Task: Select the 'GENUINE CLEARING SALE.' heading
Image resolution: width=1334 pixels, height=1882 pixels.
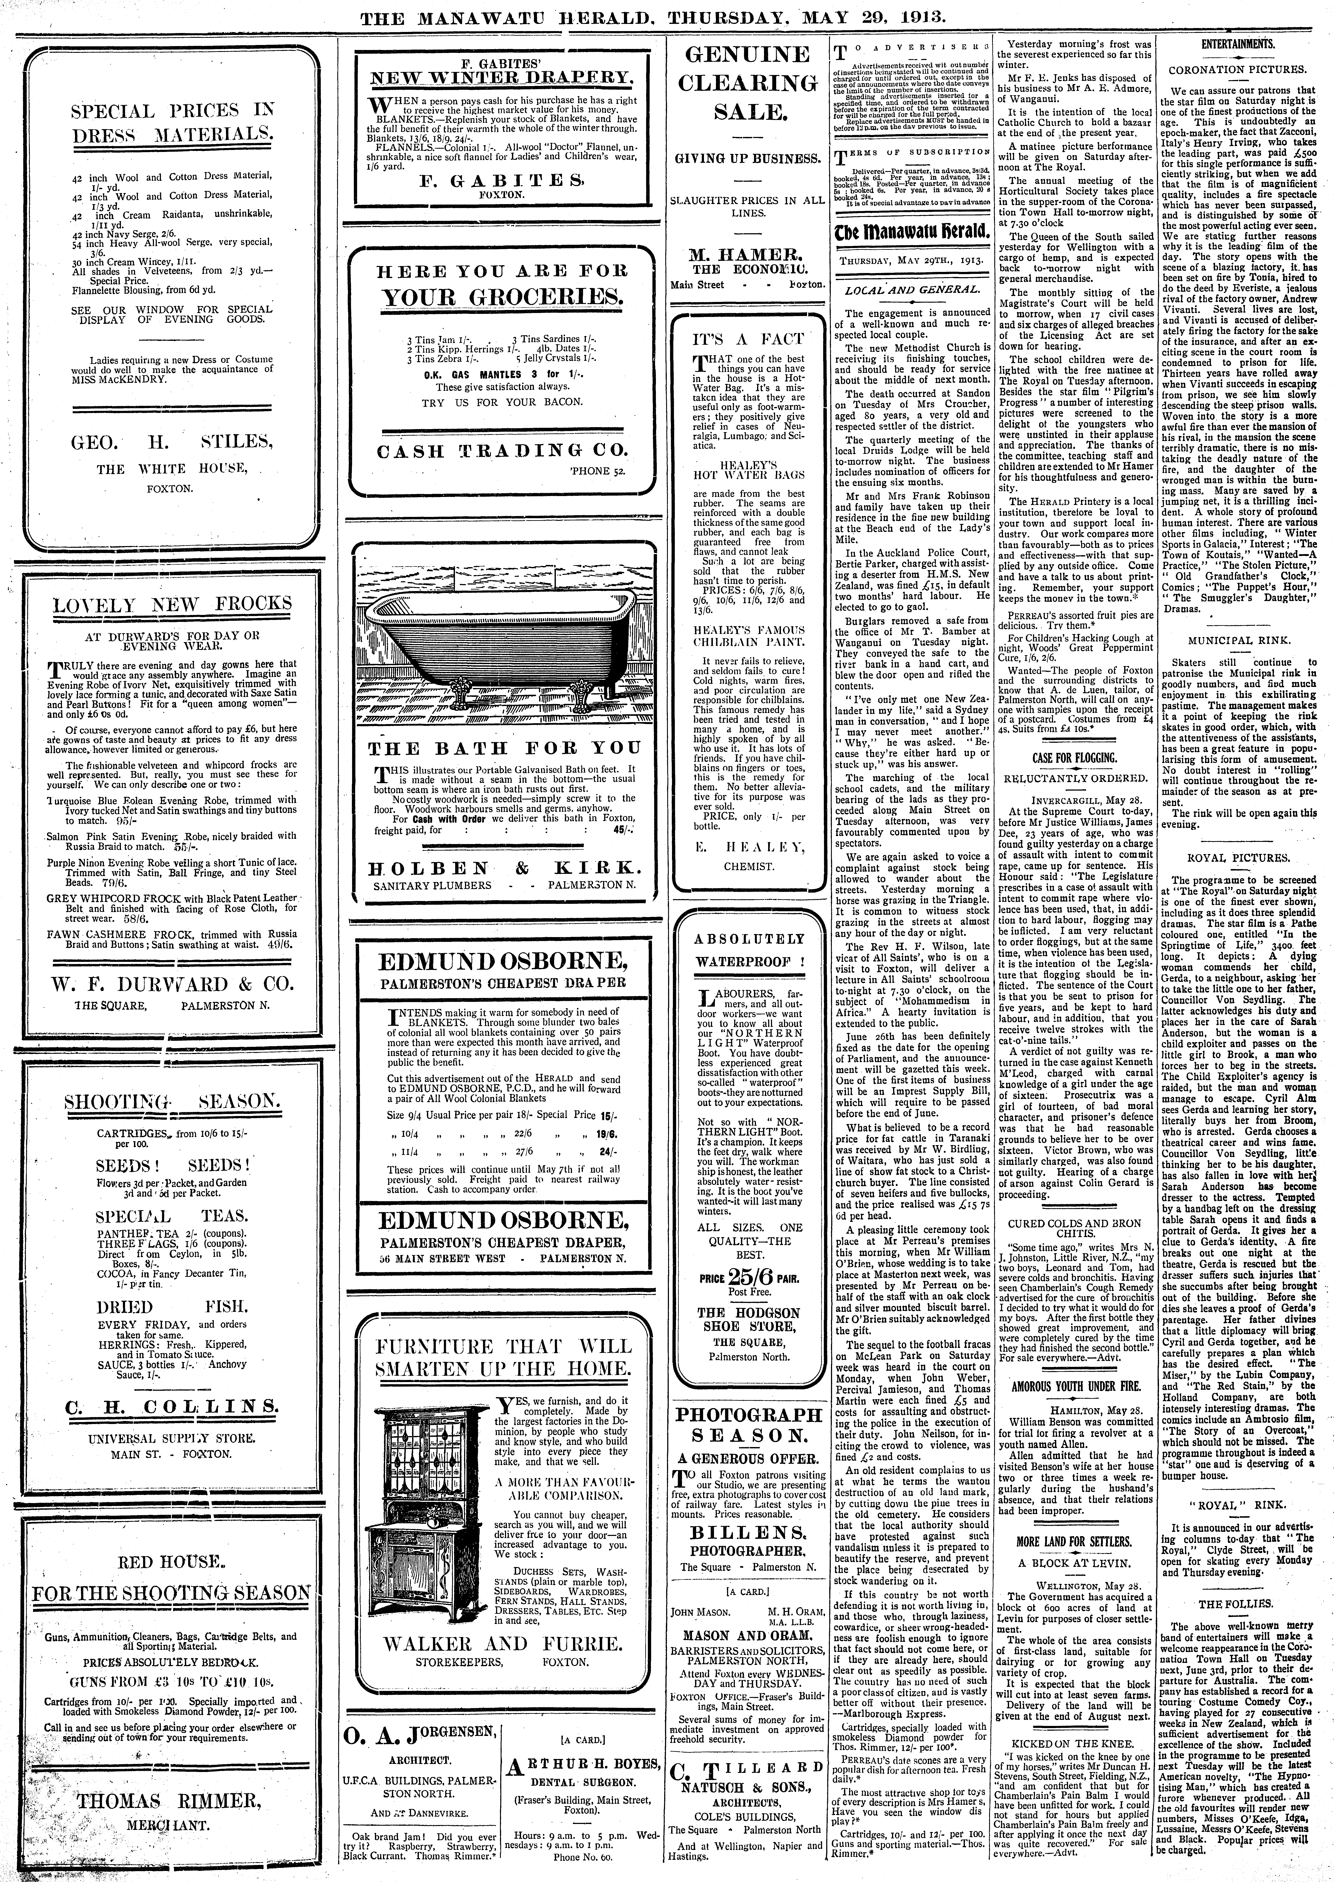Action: coord(746,84)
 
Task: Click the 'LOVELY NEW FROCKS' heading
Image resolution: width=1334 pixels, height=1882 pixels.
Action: coord(172,604)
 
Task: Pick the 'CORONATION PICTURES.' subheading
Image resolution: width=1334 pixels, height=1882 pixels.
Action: coord(1238,70)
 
